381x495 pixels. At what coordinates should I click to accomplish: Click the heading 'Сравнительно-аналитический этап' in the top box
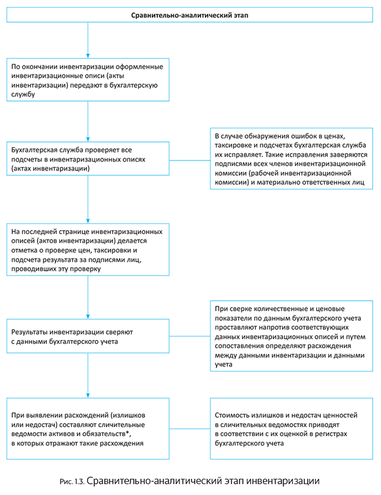click(190, 15)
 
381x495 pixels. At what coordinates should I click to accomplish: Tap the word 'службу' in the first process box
click(23, 94)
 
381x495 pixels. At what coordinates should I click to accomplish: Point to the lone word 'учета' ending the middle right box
click(224, 365)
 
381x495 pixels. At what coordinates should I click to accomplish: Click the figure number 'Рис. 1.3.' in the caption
click(72, 482)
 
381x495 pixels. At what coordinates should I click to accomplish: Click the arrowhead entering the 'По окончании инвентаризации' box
click(88, 56)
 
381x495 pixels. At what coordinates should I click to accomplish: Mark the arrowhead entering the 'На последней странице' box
click(88, 221)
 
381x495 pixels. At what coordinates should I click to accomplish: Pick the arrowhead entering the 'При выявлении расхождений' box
click(88, 396)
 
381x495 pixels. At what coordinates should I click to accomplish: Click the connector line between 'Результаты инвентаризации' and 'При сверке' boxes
click(190, 336)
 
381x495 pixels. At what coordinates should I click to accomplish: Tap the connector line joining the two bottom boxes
click(190, 428)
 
